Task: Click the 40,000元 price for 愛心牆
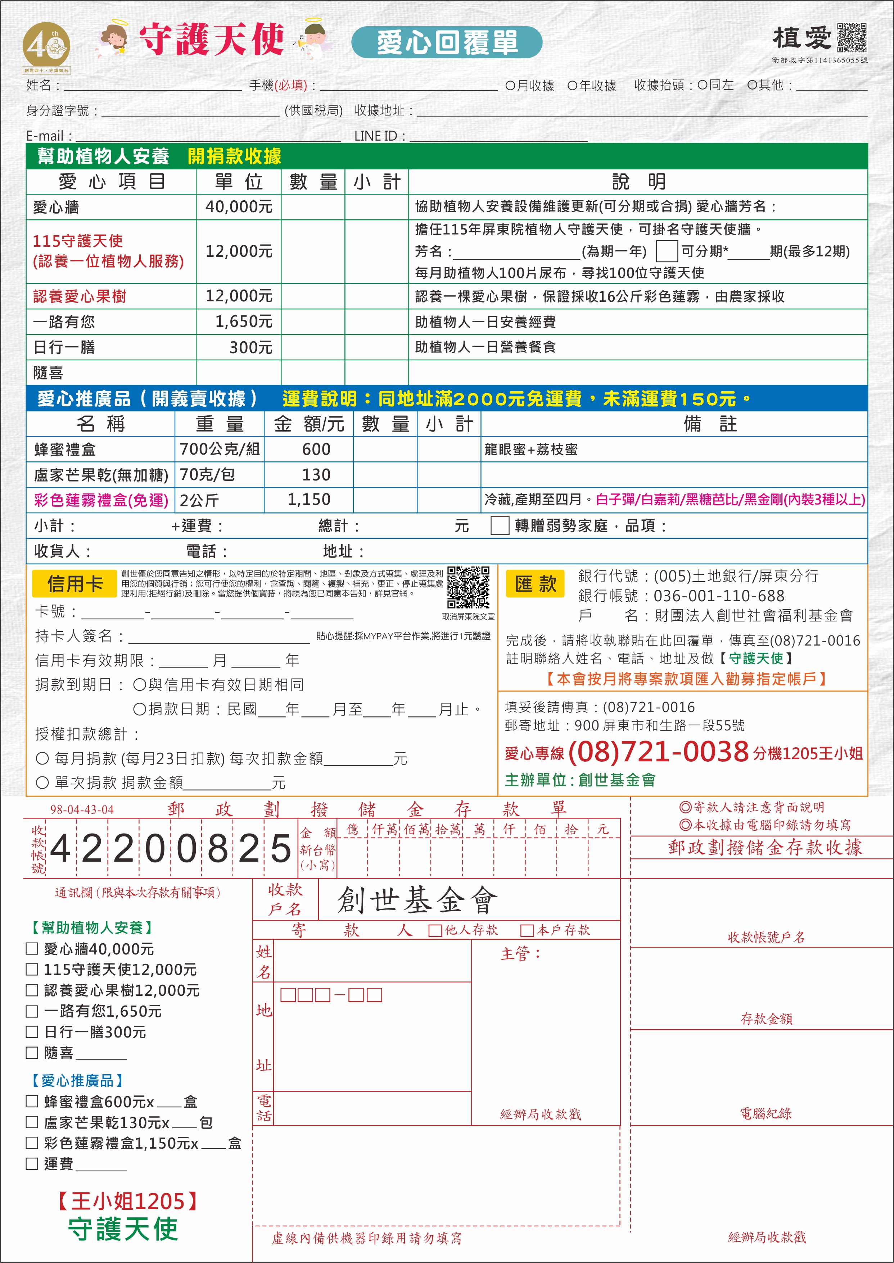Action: [x=239, y=207]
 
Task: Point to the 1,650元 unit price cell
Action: [x=244, y=322]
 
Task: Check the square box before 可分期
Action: [x=666, y=251]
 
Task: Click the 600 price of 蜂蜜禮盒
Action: [x=316, y=450]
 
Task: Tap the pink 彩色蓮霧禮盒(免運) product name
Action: [x=101, y=500]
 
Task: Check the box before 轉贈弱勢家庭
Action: [x=499, y=525]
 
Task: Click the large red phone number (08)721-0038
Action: [x=658, y=751]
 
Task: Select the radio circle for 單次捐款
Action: [x=42, y=782]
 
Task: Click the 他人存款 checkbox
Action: [x=435, y=930]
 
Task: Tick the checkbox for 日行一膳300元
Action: [x=32, y=1032]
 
